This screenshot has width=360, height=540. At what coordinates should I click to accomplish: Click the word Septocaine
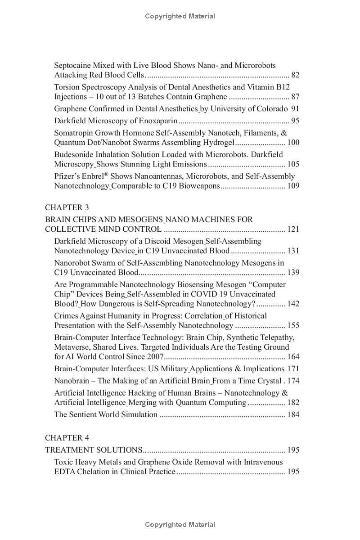74,65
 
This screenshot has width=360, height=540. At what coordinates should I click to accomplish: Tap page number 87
295,97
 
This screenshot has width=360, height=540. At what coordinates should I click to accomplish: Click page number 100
293,143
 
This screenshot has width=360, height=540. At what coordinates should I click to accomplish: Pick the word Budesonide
74,154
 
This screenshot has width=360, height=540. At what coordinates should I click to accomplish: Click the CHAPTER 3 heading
67,207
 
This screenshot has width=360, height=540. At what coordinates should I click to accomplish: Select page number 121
293,229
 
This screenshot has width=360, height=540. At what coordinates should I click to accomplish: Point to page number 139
293,272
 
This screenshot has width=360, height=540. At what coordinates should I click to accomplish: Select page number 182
293,403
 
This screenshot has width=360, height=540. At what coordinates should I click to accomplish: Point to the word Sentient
84,414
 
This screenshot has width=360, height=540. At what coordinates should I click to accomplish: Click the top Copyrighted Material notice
180,16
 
